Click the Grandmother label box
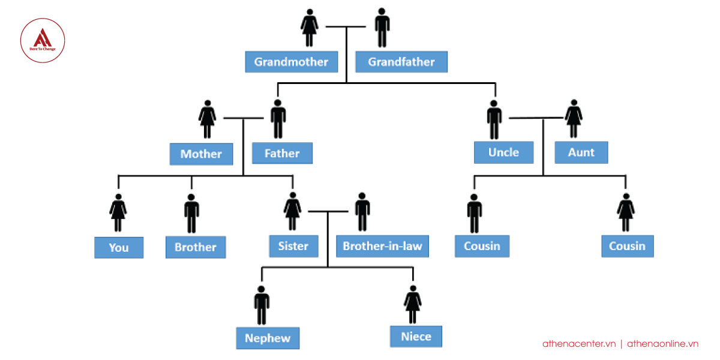(x=291, y=62)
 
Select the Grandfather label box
(x=401, y=62)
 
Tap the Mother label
(x=201, y=154)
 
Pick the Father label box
(x=282, y=154)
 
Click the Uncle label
(x=503, y=152)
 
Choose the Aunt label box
(x=581, y=152)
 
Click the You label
(x=119, y=247)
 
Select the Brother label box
(x=195, y=247)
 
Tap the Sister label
(x=293, y=246)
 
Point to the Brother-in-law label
(x=382, y=246)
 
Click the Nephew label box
(x=268, y=338)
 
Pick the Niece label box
(x=416, y=337)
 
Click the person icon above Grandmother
(x=309, y=28)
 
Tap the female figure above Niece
(x=412, y=305)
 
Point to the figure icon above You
(x=118, y=212)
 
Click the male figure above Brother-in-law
(x=362, y=212)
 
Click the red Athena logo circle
(x=42, y=41)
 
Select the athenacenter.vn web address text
(x=579, y=344)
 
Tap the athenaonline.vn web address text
(x=662, y=344)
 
